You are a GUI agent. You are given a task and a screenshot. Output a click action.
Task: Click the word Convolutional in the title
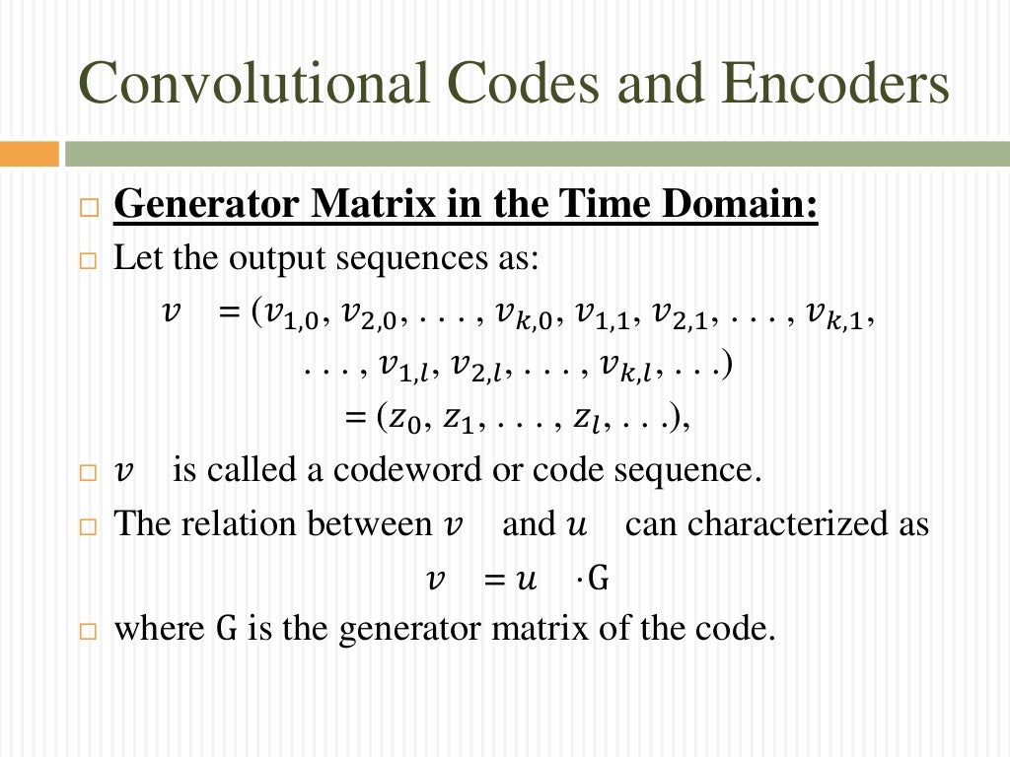click(x=251, y=84)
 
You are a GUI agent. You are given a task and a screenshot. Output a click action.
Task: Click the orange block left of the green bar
click(x=29, y=154)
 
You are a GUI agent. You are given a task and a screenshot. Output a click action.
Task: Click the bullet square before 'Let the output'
click(x=90, y=262)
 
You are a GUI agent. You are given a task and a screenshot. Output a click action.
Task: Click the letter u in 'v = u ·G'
click(x=525, y=578)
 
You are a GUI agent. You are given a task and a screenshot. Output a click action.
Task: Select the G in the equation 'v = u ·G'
click(x=597, y=578)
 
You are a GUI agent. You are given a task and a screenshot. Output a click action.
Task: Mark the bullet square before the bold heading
click(x=90, y=210)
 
